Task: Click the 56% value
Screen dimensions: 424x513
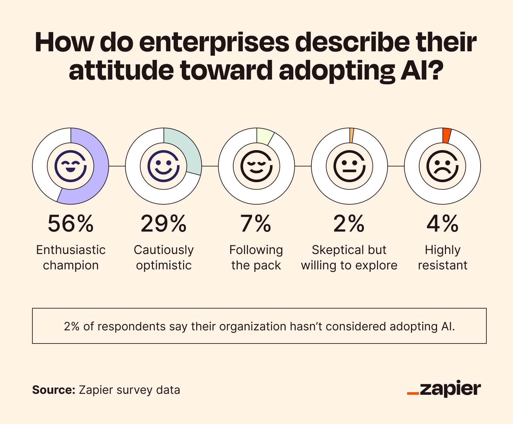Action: (71, 224)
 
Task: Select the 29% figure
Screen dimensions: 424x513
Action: (164, 224)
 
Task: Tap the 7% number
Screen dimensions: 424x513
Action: (256, 224)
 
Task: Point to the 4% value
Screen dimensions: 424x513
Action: (442, 224)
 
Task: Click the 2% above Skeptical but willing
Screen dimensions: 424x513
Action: (349, 224)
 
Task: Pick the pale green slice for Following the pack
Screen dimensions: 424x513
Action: (264, 136)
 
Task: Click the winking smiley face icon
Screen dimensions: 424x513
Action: (71, 166)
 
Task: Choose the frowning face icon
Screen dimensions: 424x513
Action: (442, 166)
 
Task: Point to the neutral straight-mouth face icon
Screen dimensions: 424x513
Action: (349, 166)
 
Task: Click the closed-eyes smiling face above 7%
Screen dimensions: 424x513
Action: (256, 166)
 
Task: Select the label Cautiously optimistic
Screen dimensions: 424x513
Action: (164, 258)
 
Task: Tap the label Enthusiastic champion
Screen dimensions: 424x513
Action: (71, 258)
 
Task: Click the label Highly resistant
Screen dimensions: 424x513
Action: (442, 258)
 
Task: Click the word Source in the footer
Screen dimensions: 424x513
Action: (53, 390)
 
